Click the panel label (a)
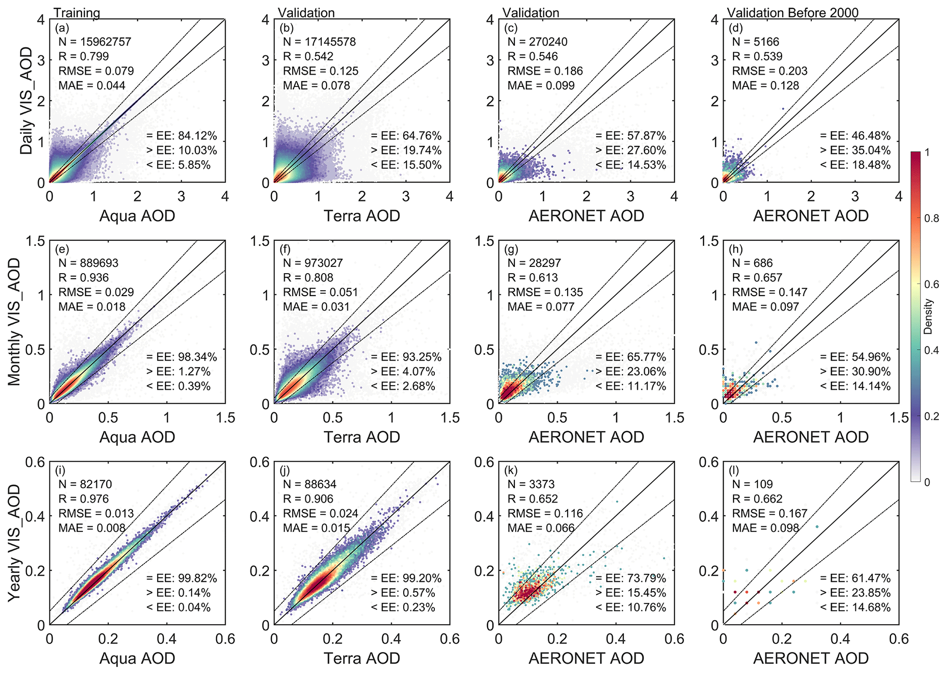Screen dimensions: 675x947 click(62, 28)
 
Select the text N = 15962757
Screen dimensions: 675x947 click(95, 42)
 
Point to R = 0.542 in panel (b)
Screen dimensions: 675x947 click(308, 56)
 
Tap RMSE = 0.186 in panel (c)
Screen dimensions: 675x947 click(545, 71)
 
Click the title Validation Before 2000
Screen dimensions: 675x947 click(793, 13)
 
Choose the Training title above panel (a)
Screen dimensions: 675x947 click(77, 13)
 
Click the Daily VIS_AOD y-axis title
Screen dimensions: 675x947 click(26, 101)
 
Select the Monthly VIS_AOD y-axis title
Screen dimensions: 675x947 click(15, 322)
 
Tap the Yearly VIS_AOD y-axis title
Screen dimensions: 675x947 click(15, 543)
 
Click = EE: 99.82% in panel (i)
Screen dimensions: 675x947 click(182, 578)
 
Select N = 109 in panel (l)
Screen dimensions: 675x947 click(752, 484)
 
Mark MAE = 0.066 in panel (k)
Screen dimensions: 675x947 click(541, 528)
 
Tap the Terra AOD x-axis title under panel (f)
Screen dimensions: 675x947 click(362, 437)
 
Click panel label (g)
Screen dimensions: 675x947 click(511, 249)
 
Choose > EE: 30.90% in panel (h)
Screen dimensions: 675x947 click(855, 372)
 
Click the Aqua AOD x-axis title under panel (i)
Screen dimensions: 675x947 click(137, 658)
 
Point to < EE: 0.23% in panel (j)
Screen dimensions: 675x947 click(403, 607)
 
